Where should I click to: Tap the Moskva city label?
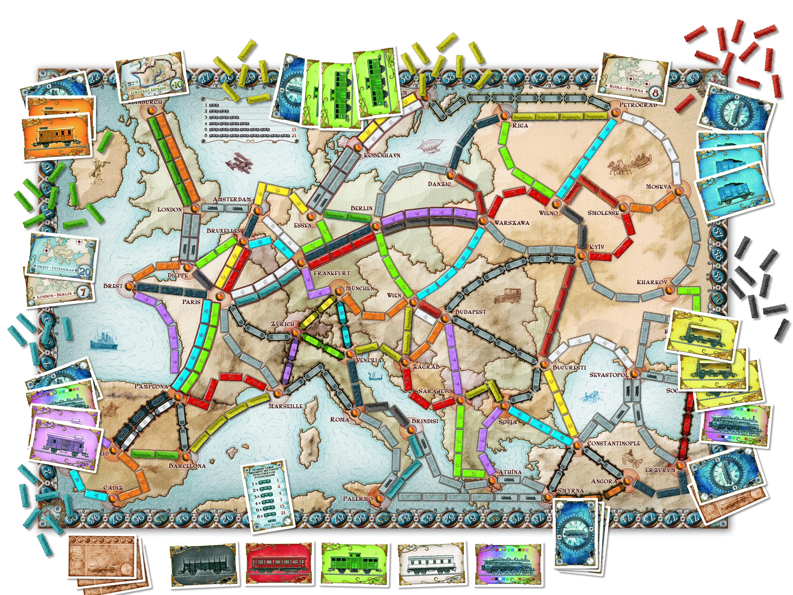[658, 186]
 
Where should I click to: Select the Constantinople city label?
[613, 443]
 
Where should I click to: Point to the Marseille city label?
[286, 406]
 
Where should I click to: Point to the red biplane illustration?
[239, 163]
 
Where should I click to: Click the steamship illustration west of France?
[104, 339]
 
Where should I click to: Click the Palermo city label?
[358, 499]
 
